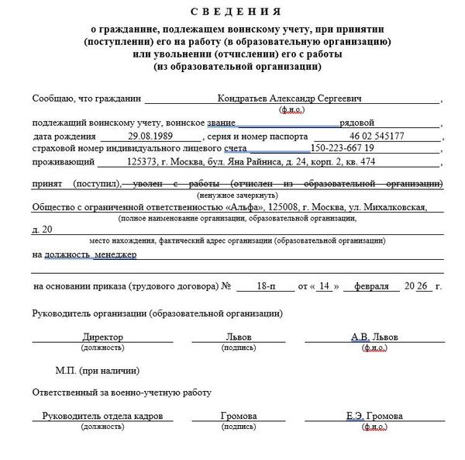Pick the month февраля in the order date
click(371, 286)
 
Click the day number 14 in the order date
click(324, 286)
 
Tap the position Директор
click(102, 337)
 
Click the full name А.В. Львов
click(374, 337)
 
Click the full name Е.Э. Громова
click(374, 416)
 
